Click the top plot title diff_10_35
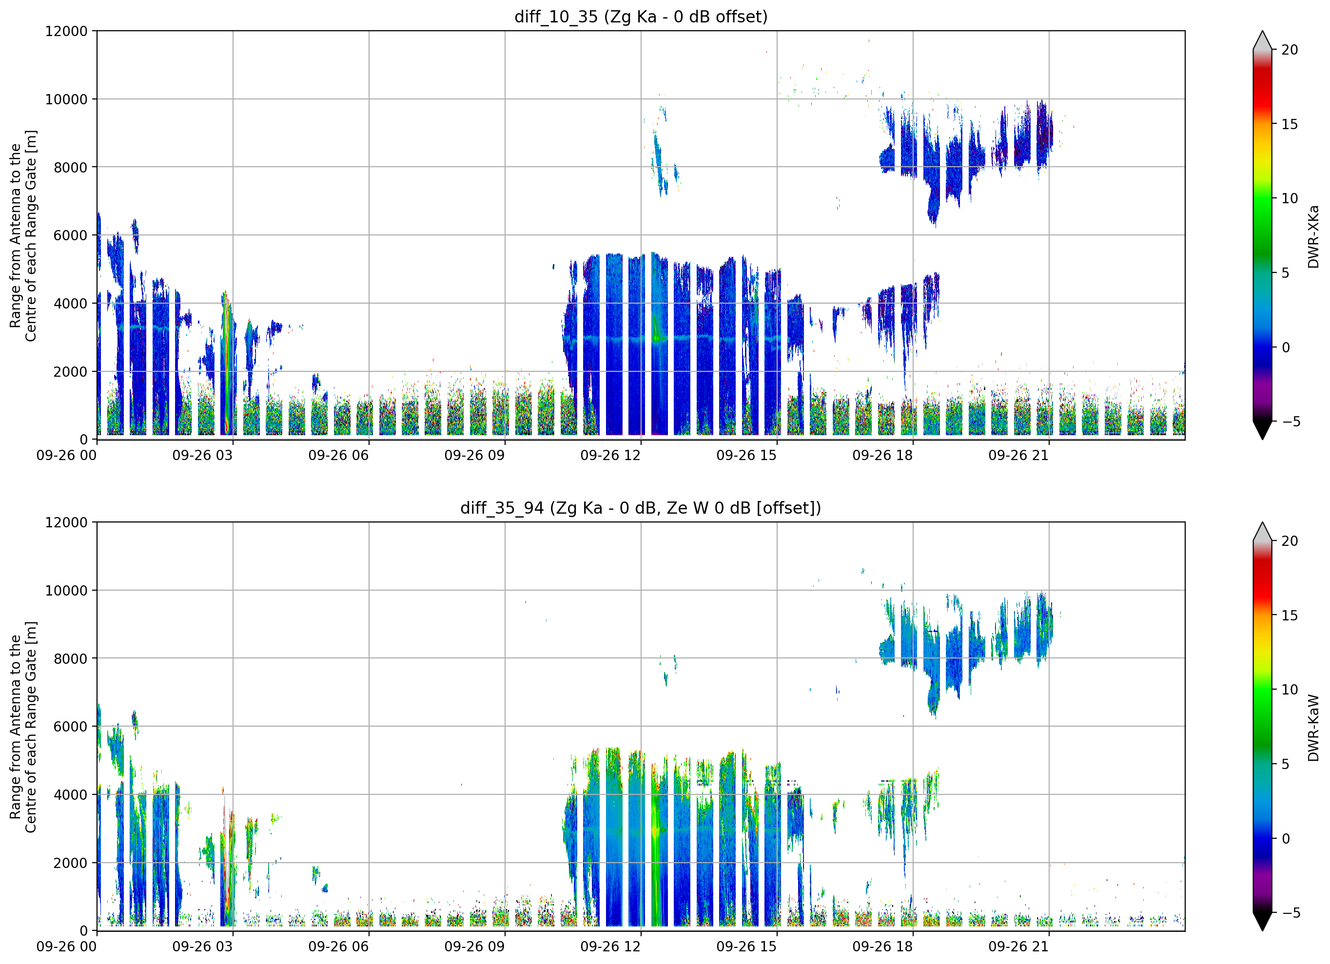[555, 17]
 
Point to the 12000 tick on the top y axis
[66, 31]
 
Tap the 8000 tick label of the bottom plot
[71, 658]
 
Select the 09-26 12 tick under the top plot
[610, 455]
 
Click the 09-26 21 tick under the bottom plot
[1018, 946]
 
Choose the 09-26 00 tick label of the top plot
[66, 455]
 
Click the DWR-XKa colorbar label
[1313, 236]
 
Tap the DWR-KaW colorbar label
[1313, 728]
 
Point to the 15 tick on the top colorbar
[1290, 124]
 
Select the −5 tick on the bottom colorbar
[1287, 913]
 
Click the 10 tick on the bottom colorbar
[1290, 690]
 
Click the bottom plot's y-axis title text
[23, 727]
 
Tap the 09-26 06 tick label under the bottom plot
[338, 946]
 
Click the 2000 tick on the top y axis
[71, 372]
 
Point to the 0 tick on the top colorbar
[1286, 347]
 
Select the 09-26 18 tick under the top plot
[882, 455]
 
